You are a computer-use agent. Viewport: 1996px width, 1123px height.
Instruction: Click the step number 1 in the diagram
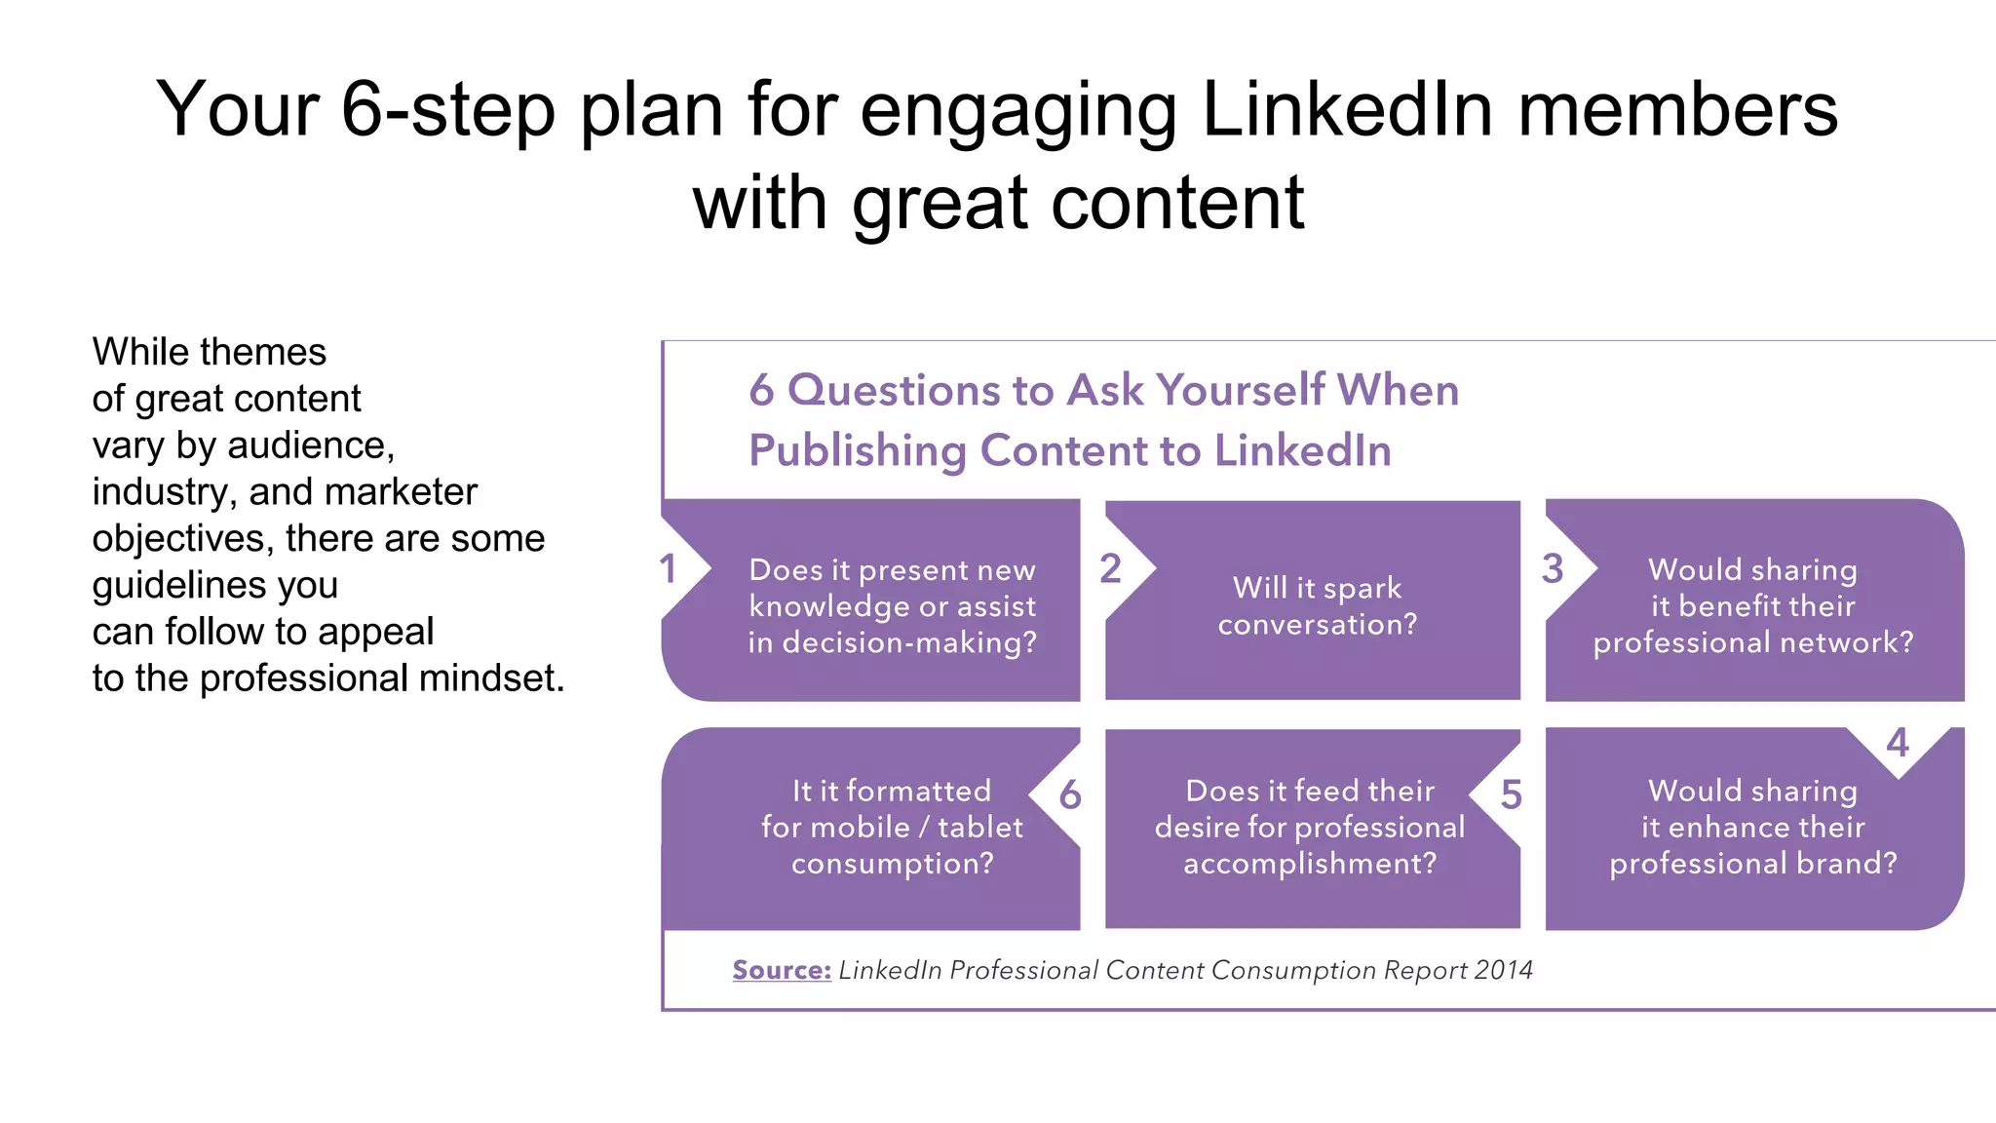(x=668, y=569)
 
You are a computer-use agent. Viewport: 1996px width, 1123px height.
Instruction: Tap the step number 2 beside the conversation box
(x=1110, y=569)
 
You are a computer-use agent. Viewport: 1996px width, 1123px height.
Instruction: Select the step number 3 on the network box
(x=1553, y=569)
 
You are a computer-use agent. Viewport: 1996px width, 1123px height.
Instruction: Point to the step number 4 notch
(x=1897, y=744)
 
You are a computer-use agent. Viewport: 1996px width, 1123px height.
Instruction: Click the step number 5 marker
(x=1511, y=795)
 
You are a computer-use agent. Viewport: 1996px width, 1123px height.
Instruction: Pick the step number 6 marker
(x=1070, y=795)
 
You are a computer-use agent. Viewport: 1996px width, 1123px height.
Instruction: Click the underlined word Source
(x=782, y=971)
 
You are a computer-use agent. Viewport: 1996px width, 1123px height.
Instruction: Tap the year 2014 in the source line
(x=1503, y=971)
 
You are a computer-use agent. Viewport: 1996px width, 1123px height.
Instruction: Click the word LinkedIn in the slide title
(x=1347, y=109)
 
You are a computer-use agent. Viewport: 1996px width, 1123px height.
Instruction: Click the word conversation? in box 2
(x=1318, y=625)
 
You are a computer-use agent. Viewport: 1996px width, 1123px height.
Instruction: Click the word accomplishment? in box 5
(x=1310, y=864)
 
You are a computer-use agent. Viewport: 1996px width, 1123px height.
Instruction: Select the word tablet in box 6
(x=980, y=828)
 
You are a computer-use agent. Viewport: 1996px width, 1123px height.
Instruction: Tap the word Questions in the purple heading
(x=894, y=390)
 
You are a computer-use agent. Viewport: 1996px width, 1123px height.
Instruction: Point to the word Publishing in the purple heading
(x=857, y=451)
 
